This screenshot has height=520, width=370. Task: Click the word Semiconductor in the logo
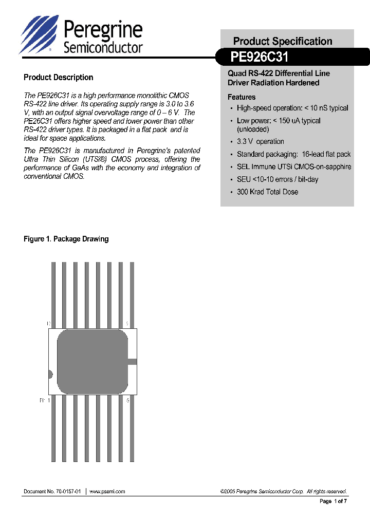103,48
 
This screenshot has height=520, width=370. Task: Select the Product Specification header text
283,41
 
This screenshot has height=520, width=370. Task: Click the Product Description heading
59,78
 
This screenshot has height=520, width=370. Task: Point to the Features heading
242,97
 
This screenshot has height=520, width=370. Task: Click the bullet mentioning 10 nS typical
292,108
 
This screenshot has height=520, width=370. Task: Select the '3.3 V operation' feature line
260,141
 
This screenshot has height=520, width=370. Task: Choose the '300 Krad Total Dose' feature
267,192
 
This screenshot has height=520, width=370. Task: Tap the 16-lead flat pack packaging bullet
293,154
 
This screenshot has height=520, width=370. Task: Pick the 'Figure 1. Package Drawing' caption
66,239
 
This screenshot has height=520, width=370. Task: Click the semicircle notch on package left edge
50,375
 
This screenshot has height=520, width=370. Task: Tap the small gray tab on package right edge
133,362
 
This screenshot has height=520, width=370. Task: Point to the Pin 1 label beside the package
45,400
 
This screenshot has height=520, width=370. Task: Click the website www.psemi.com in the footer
107,491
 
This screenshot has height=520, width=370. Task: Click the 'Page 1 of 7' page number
334,501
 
